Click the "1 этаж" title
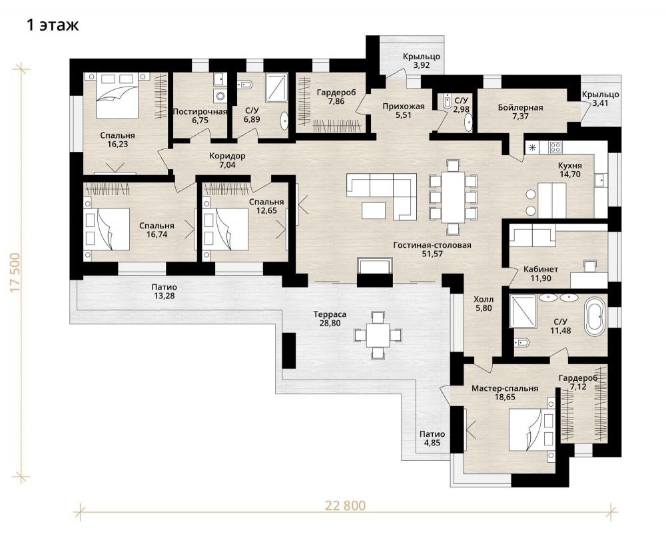point(53,25)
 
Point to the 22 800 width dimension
point(345,505)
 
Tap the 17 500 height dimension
point(15,272)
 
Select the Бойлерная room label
point(520,107)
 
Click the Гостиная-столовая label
point(432,245)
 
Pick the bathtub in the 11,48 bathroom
point(595,316)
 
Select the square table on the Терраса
point(378,335)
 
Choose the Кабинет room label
point(540,269)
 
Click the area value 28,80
point(330,323)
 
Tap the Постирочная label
point(200,112)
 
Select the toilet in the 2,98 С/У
point(446,101)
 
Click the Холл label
point(484,300)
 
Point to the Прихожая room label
point(404,106)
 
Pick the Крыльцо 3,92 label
point(422,61)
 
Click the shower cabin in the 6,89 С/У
point(276,87)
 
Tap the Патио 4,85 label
point(432,438)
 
